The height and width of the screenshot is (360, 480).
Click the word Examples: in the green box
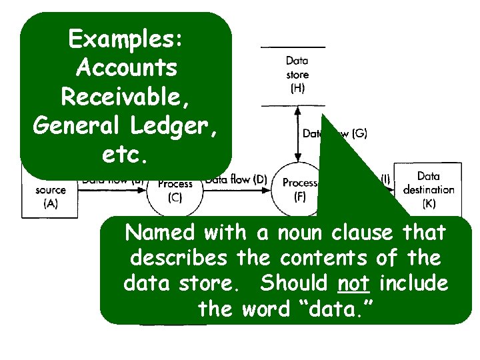(126, 39)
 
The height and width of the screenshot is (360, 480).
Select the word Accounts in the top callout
(126, 68)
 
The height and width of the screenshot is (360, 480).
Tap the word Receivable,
(126, 96)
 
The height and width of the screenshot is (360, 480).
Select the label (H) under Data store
(297, 87)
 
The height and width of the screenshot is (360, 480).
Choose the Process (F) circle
(299, 189)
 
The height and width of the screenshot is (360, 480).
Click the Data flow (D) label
(236, 179)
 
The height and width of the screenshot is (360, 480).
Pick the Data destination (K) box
(428, 189)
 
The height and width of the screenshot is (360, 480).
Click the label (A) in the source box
(50, 204)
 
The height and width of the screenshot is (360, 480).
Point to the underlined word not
(353, 283)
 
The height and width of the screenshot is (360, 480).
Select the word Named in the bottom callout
(160, 233)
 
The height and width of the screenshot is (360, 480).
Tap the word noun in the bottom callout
(294, 233)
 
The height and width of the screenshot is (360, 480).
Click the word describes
(173, 258)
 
